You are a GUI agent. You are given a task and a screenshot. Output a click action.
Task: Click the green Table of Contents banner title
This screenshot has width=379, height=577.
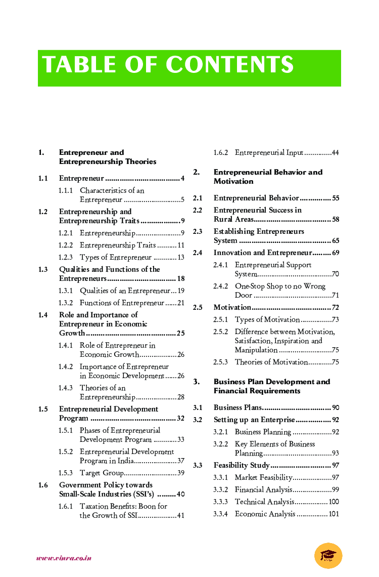[168, 66]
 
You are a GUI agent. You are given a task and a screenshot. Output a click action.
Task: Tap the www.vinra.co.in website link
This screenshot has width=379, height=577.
[64, 558]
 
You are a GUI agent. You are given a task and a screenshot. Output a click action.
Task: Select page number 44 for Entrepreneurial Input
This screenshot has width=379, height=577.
[335, 153]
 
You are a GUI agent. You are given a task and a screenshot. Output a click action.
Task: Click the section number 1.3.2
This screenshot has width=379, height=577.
[65, 303]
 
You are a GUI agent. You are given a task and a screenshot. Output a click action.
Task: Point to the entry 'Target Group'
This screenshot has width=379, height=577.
[102, 473]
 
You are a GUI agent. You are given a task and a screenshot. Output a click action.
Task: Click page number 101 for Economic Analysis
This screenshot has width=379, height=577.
[334, 514]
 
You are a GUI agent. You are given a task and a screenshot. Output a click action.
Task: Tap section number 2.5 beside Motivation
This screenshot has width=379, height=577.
[198, 307]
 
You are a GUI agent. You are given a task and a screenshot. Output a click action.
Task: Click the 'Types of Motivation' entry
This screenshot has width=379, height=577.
[267, 319]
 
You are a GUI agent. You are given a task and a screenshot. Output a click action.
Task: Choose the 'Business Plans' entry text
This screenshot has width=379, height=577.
[238, 407]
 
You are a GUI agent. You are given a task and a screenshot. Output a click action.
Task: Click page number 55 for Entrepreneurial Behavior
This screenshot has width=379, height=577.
[336, 198]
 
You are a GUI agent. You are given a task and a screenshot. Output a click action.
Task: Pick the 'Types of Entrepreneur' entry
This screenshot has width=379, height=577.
[116, 257]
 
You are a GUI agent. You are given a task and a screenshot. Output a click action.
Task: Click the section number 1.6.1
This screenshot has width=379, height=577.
[65, 506]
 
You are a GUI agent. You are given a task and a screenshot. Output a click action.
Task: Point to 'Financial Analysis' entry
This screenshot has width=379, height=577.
[263, 489]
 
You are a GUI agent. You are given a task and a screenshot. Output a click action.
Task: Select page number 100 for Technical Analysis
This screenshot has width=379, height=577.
[334, 502]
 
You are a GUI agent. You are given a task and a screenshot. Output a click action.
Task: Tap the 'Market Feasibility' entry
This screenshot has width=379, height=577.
[263, 477]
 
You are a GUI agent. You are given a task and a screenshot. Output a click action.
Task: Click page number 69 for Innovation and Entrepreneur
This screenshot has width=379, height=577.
[336, 253]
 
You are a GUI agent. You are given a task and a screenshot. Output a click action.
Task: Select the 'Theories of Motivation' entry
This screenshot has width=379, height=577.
[271, 362]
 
